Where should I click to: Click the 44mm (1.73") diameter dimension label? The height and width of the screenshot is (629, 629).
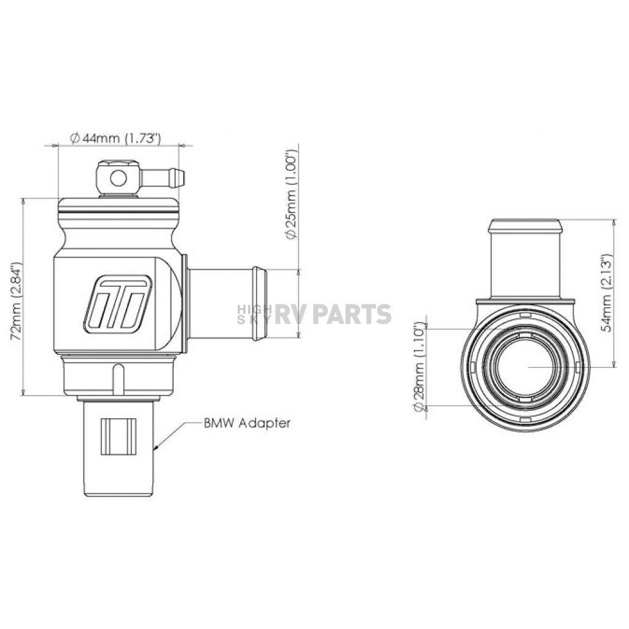tap(115, 138)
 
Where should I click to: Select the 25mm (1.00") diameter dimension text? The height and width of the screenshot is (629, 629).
tap(291, 195)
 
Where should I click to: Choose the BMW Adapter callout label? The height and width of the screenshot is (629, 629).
tap(247, 423)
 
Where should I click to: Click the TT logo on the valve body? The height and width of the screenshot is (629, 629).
tap(118, 305)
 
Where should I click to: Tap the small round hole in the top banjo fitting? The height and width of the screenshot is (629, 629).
tap(119, 178)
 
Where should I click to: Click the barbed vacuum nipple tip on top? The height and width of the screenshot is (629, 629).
tap(176, 179)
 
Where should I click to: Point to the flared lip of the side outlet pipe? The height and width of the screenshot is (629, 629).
tap(259, 303)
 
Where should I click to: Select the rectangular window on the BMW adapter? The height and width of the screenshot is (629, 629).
tap(119, 437)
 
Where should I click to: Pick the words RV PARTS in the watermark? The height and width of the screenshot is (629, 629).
tap(332, 314)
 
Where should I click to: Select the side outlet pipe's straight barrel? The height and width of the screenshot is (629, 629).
tap(220, 303)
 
